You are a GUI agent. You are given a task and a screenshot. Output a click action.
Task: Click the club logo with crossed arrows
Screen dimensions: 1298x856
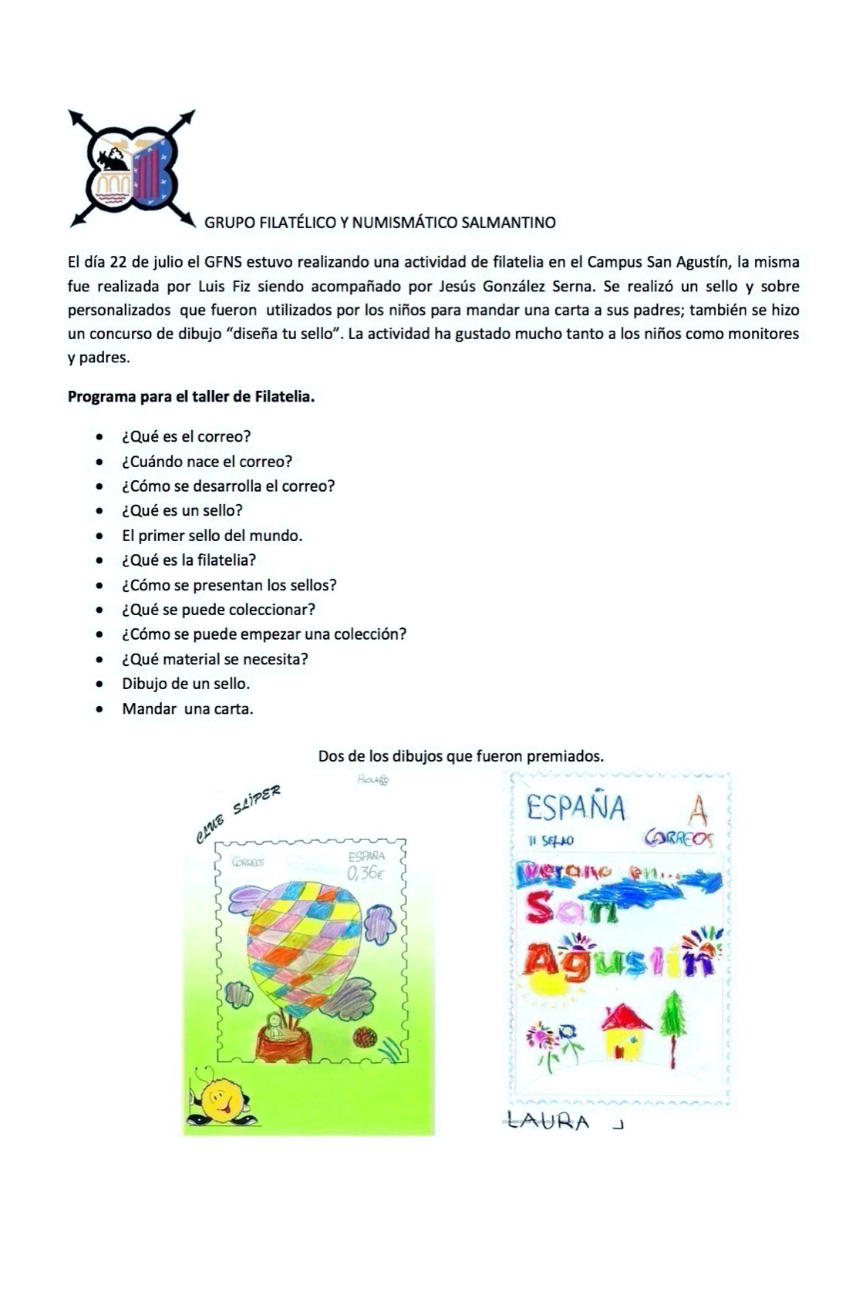[132, 169]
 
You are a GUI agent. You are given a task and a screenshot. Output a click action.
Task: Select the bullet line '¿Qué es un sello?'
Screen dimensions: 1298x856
[182, 510]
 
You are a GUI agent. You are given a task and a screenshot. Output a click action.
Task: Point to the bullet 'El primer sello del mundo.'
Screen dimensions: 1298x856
[212, 535]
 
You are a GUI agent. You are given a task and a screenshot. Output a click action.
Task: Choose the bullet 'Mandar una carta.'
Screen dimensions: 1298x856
[187, 708]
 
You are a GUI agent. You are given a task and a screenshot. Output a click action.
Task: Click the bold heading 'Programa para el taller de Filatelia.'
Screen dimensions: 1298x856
[191, 397]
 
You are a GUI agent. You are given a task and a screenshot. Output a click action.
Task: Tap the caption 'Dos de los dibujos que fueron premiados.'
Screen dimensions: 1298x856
[460, 756]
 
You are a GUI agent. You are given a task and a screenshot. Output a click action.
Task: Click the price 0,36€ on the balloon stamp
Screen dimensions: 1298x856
[366, 873]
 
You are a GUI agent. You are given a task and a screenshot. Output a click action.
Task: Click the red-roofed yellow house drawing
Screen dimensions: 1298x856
[625, 1032]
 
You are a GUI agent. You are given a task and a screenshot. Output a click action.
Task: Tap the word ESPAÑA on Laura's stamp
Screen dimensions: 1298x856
[577, 808]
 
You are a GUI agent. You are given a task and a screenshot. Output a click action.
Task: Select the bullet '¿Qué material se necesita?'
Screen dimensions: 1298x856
[215, 659]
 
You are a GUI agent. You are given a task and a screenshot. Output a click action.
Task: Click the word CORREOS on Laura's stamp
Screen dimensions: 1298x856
[679, 838]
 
